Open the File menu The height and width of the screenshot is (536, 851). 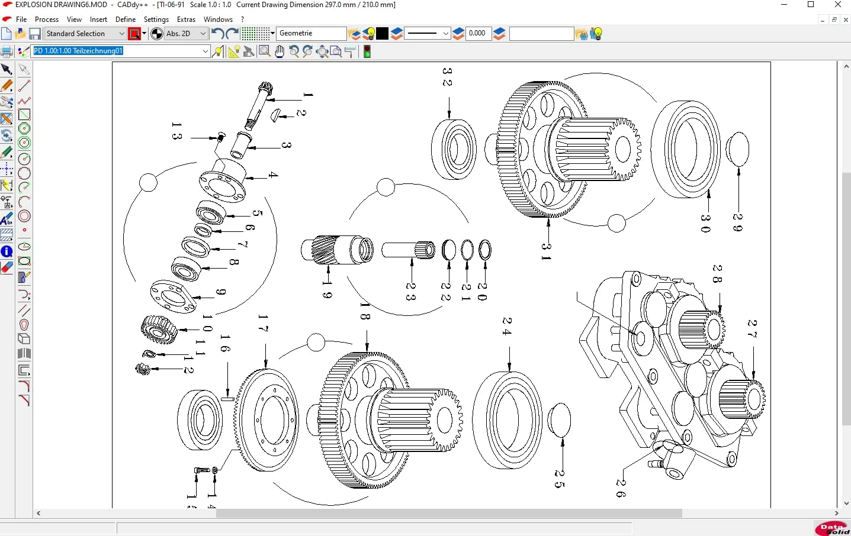point(21,19)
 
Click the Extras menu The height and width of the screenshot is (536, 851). point(186,19)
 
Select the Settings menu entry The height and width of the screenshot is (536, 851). point(156,19)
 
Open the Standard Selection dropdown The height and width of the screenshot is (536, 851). point(85,34)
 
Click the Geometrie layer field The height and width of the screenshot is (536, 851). point(312,34)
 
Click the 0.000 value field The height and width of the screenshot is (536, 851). point(478,34)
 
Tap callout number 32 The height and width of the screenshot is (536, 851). point(447,77)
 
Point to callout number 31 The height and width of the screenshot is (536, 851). point(546,251)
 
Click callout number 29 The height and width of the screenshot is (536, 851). point(738,222)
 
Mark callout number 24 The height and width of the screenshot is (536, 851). point(507,326)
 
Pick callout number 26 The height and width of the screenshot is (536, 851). point(621,488)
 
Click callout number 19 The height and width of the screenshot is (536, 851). point(327,290)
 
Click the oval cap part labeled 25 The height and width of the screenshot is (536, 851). point(559,419)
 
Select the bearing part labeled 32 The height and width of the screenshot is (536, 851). point(454,149)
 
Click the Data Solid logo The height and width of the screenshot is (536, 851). point(831,528)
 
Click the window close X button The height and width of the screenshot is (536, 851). point(838,5)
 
